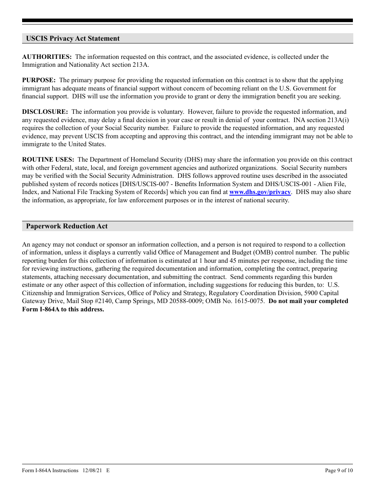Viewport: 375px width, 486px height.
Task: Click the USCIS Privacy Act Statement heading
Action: point(73,38)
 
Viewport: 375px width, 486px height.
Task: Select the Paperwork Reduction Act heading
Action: point(67,226)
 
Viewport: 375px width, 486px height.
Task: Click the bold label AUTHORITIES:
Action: point(47,57)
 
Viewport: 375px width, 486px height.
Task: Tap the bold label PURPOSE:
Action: point(39,80)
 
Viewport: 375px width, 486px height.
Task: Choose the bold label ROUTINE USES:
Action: point(48,160)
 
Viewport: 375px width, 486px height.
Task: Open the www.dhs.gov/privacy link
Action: point(260,192)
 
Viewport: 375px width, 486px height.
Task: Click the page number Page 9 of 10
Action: point(338,470)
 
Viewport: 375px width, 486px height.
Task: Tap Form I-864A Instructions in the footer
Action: point(50,470)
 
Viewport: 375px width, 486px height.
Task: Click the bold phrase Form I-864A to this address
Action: point(63,309)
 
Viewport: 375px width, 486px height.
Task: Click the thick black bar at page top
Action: point(187,21)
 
